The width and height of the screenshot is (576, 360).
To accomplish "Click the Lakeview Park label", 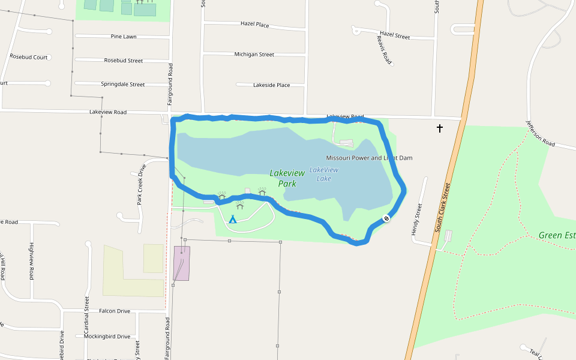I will click(x=287, y=178).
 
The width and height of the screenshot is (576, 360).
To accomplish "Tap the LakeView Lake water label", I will click(x=324, y=174).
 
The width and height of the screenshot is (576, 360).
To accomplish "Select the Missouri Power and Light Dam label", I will click(x=369, y=158).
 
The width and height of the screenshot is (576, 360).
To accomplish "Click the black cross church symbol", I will click(x=440, y=128).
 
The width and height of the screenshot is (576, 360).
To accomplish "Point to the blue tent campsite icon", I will click(x=233, y=220).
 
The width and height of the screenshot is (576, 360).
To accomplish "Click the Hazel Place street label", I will click(x=254, y=25).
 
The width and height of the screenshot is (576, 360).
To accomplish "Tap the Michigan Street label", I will click(x=254, y=55).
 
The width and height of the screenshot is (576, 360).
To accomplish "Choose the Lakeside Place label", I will click(x=271, y=85).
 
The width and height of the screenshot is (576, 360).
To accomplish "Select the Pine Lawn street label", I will click(x=124, y=37).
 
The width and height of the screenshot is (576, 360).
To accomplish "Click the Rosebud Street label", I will click(x=124, y=61).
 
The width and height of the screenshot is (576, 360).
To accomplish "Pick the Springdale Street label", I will click(x=123, y=85).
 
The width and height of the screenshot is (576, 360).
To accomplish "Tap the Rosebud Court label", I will click(x=29, y=57).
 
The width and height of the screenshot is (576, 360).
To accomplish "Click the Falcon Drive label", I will click(x=115, y=311).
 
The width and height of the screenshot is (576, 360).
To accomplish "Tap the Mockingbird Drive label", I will click(x=107, y=337).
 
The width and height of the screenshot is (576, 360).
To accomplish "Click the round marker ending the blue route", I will click(x=386, y=218).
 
